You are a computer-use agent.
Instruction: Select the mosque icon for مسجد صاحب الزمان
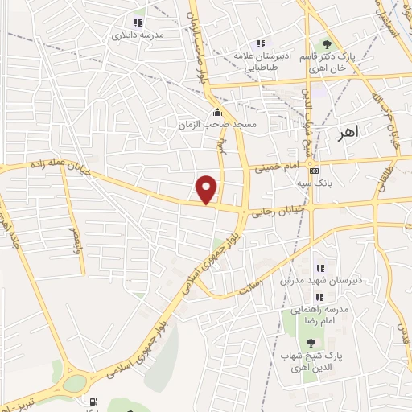coord(217,113)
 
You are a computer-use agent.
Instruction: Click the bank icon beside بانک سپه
coord(315,171)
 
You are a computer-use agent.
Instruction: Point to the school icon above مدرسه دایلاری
coord(138,23)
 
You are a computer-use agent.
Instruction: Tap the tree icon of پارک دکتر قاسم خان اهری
coord(326,44)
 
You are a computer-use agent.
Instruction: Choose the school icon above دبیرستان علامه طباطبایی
coord(260,43)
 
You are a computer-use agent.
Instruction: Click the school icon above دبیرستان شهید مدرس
coord(319,268)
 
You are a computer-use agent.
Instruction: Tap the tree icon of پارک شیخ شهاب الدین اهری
coord(312,343)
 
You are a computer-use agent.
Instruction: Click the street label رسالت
coord(252,283)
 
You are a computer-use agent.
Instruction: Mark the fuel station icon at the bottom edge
coord(95,402)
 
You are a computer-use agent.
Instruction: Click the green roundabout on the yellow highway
coord(74,383)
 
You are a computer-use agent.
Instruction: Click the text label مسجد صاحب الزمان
coord(217,126)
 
